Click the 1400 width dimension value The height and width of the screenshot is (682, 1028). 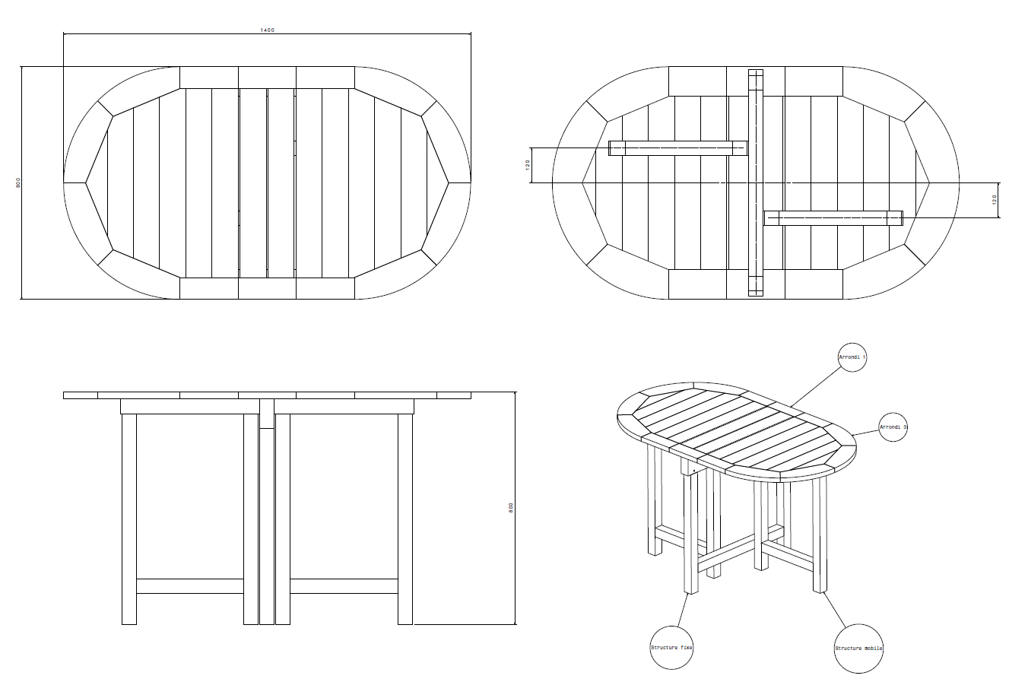pyautogui.click(x=267, y=30)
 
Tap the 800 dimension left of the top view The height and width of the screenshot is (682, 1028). pyautogui.click(x=18, y=182)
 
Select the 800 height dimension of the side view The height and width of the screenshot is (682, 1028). pyautogui.click(x=511, y=508)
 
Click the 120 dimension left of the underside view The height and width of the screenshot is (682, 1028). pyautogui.click(x=528, y=165)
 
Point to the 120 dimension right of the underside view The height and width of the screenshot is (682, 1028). pyautogui.click(x=995, y=199)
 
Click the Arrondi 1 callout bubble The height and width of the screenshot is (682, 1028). pyautogui.click(x=852, y=357)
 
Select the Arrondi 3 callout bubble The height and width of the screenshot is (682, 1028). pyautogui.click(x=893, y=427)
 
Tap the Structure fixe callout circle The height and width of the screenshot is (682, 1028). pyautogui.click(x=671, y=648)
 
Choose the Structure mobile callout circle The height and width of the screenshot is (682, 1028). pyautogui.click(x=858, y=649)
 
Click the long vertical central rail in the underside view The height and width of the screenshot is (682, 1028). pyautogui.click(x=755, y=182)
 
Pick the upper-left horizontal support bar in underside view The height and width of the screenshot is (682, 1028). pyautogui.click(x=677, y=148)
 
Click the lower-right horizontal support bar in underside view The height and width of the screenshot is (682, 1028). pyautogui.click(x=833, y=218)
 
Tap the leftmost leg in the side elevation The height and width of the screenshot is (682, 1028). pyautogui.click(x=129, y=519)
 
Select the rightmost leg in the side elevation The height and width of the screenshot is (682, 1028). pyautogui.click(x=405, y=519)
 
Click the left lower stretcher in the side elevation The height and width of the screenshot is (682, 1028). pyautogui.click(x=190, y=586)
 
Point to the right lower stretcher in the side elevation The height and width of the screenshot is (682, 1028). pyautogui.click(x=344, y=586)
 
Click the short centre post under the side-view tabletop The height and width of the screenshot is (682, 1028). pyautogui.click(x=267, y=414)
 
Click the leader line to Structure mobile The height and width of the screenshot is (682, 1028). pyautogui.click(x=834, y=610)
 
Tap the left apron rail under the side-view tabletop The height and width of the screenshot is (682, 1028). pyautogui.click(x=190, y=406)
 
